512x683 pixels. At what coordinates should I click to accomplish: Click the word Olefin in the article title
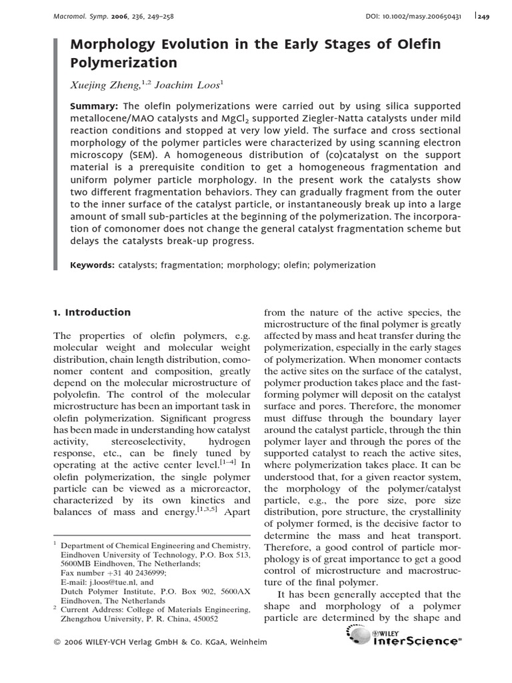[419, 45]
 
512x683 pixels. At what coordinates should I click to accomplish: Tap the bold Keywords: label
[93, 265]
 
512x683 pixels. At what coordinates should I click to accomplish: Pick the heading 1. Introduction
[92, 312]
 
